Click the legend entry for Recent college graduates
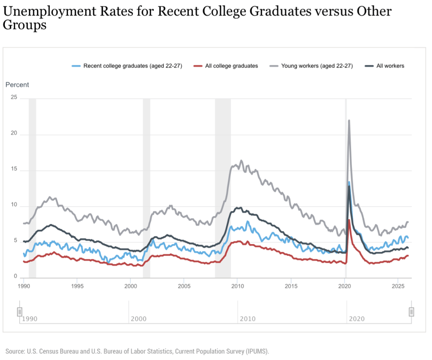coord(132,66)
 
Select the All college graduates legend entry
coord(231,66)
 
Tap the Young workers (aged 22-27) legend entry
coord(316,66)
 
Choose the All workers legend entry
coord(390,66)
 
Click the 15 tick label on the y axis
coord(13,170)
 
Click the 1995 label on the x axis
coord(77,286)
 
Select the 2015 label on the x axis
coord(291,286)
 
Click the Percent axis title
coord(17,84)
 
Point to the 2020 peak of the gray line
coord(349,120)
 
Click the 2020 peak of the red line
coord(349,220)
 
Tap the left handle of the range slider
coord(20,312)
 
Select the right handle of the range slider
coord(412,312)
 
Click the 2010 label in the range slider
coord(248,319)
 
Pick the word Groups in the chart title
coord(25,25)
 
